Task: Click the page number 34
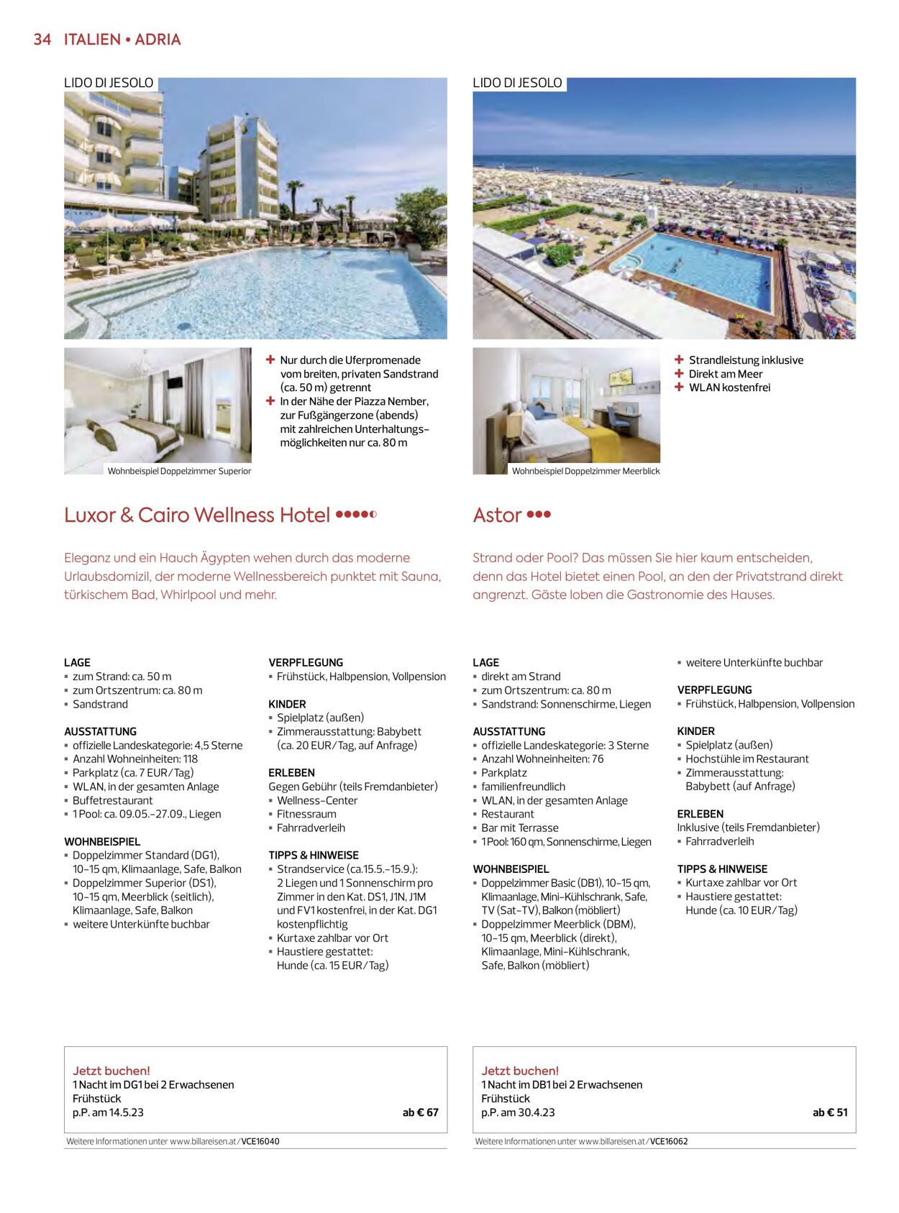(42, 40)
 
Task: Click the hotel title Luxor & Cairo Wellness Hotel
(196, 515)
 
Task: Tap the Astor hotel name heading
(497, 515)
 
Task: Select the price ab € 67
(420, 1112)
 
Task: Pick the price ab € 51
(830, 1112)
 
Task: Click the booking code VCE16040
(260, 1141)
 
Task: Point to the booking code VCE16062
(669, 1141)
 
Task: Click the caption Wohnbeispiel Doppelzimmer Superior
(179, 471)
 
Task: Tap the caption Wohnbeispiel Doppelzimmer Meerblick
(585, 471)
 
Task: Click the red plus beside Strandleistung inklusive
(679, 360)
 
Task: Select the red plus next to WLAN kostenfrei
(679, 387)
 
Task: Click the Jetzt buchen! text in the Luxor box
(111, 1071)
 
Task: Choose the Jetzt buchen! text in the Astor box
(520, 1071)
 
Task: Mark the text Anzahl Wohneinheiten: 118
(135, 759)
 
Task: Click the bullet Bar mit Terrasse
(519, 828)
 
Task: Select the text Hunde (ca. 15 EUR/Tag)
(332, 965)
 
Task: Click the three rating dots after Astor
(539, 515)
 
